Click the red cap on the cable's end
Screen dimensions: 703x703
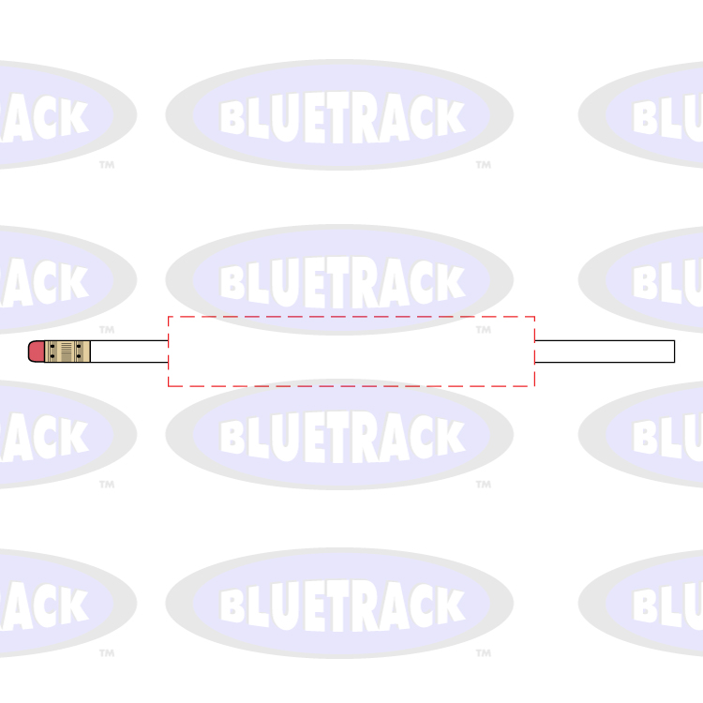[37, 351]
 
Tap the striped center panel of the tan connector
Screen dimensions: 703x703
[67, 351]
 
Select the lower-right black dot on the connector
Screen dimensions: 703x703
[80, 357]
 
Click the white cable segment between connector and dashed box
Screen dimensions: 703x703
[129, 351]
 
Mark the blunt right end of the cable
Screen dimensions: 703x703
[673, 351]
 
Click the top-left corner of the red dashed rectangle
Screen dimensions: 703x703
[169, 317]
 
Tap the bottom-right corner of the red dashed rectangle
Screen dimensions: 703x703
[534, 385]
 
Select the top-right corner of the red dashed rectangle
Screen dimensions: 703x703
[534, 317]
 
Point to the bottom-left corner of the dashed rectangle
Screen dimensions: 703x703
[169, 385]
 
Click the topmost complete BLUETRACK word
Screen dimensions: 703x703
[342, 117]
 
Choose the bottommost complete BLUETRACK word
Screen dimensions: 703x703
[342, 605]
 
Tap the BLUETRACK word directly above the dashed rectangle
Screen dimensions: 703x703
[342, 280]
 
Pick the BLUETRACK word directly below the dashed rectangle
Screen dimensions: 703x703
[342, 436]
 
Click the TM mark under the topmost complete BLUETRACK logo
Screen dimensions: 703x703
[483, 165]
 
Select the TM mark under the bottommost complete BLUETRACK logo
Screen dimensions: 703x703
[483, 653]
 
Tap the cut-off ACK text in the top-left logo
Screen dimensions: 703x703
[47, 117]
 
